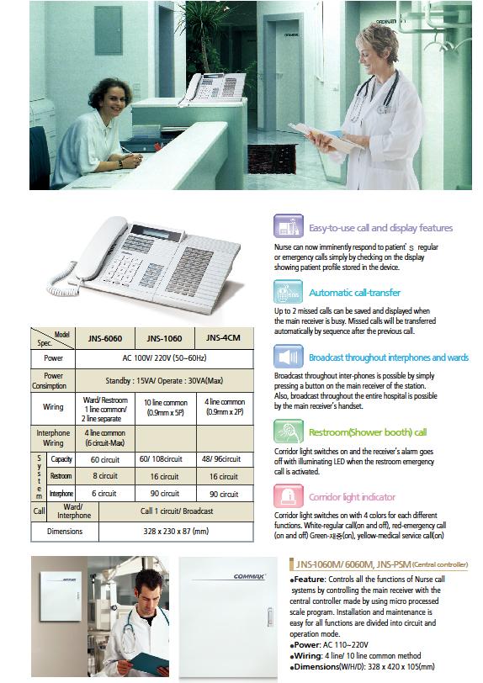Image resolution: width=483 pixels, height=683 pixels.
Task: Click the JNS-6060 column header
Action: point(105,338)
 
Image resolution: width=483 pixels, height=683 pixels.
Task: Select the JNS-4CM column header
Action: point(223,338)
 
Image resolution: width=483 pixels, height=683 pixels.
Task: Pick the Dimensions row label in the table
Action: point(65,532)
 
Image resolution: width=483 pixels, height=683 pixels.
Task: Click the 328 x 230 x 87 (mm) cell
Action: point(176,532)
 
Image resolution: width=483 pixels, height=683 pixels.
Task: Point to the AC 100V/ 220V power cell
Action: point(164,358)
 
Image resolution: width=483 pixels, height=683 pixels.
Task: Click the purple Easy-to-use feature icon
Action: point(288,226)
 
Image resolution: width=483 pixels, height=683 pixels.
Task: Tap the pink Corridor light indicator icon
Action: point(288,496)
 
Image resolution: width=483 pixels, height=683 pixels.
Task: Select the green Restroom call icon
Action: point(288,432)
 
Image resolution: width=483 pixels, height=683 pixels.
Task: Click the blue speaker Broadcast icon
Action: point(288,357)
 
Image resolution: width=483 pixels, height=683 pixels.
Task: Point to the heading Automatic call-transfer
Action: point(354,293)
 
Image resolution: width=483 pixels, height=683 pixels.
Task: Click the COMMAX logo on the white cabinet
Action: point(249,577)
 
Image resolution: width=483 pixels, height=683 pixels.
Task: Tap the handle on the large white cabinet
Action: point(270,617)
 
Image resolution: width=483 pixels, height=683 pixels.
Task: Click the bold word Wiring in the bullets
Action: point(307,656)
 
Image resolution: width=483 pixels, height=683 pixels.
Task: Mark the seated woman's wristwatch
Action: point(120,164)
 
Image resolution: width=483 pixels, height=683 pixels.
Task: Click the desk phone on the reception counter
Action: point(211,89)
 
